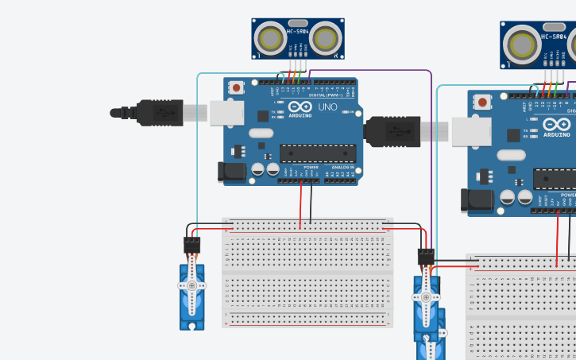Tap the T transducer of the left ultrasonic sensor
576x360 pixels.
pyautogui.click(x=273, y=38)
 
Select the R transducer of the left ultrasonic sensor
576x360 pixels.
pyautogui.click(x=325, y=38)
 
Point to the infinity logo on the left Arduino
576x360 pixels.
pyautogui.click(x=300, y=106)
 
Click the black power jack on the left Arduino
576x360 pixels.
pyautogui.click(x=228, y=171)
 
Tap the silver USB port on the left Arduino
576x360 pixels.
pyautogui.click(x=226, y=114)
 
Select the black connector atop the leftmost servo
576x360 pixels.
pyautogui.click(x=191, y=245)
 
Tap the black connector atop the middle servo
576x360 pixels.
pyautogui.click(x=426, y=256)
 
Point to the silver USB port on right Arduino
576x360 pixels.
pyautogui.click(x=472, y=132)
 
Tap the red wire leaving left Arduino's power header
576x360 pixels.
pyautogui.click(x=300, y=203)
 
